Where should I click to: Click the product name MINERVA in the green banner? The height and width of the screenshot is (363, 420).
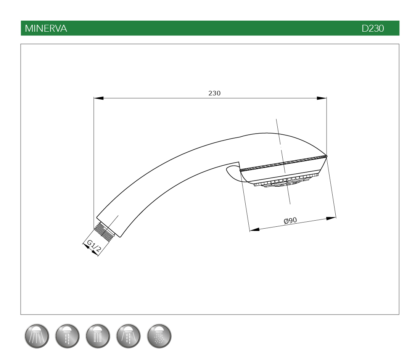tap(46, 28)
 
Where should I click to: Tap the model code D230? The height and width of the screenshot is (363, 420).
tap(373, 28)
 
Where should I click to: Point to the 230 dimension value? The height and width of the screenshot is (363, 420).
tap(214, 93)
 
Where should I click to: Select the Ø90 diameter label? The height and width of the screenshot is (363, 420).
tap(290, 221)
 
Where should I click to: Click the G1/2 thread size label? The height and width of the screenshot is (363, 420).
tap(94, 246)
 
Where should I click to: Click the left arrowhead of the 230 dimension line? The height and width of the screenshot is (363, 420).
tap(98, 98)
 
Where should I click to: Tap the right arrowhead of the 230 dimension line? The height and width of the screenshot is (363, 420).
tap(322, 98)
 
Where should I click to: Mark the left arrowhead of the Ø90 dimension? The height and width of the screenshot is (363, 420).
tap(254, 229)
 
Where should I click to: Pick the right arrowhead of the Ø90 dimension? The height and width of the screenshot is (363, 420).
tap(331, 218)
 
